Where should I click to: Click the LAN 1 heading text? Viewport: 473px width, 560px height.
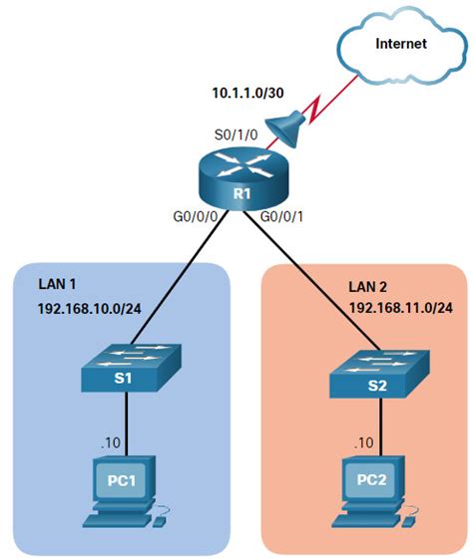59,282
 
